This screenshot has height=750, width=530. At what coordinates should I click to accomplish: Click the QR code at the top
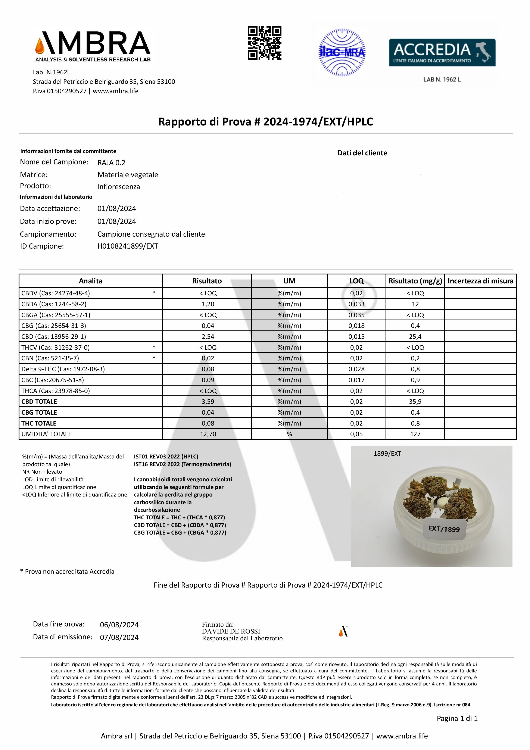pyautogui.click(x=265, y=43)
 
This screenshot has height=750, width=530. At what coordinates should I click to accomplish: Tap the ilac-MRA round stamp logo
pyautogui.click(x=342, y=53)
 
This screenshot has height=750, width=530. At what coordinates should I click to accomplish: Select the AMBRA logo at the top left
pyautogui.click(x=93, y=46)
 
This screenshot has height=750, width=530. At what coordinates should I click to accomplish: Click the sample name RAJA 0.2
pyautogui.click(x=111, y=163)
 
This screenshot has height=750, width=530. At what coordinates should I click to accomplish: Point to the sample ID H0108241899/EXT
pyautogui.click(x=128, y=246)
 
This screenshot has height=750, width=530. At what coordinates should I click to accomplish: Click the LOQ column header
pyautogui.click(x=356, y=281)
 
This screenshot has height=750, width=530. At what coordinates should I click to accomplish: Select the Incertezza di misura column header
pyautogui.click(x=480, y=281)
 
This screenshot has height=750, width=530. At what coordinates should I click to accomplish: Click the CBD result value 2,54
pyautogui.click(x=208, y=336)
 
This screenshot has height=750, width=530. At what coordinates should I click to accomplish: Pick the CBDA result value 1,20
pyautogui.click(x=208, y=304)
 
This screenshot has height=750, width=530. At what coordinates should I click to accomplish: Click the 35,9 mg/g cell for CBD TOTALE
pyautogui.click(x=415, y=401)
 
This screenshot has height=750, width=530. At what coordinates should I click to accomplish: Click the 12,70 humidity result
pyautogui.click(x=208, y=434)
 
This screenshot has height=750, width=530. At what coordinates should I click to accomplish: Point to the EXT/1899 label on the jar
pyautogui.click(x=444, y=529)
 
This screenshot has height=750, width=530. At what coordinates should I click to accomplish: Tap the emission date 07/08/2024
pyautogui.click(x=119, y=637)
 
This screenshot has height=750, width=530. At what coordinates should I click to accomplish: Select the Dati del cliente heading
pyautogui.click(x=362, y=153)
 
